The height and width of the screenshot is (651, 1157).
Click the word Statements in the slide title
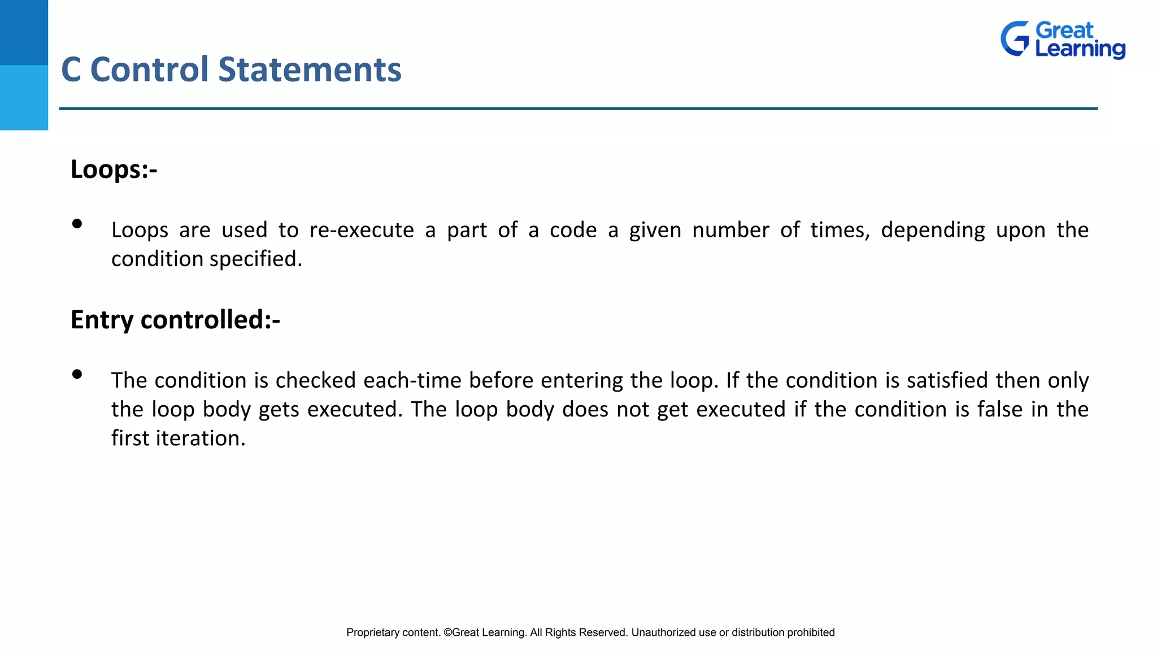[x=310, y=70]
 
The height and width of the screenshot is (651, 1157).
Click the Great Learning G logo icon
[x=1015, y=39]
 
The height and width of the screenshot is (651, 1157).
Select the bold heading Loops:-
[x=114, y=170]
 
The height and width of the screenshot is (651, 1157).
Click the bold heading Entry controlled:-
[x=175, y=320]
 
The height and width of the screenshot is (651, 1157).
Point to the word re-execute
[x=362, y=231]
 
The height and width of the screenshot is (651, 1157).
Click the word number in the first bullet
[x=730, y=231]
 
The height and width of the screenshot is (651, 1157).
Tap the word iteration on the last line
[x=201, y=439]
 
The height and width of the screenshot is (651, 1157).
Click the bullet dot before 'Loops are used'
[x=77, y=224]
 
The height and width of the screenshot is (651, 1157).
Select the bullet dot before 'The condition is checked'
[x=77, y=374]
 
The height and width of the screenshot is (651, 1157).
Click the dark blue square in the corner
[x=24, y=32]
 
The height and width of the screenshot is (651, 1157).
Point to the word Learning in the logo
[x=1080, y=49]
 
